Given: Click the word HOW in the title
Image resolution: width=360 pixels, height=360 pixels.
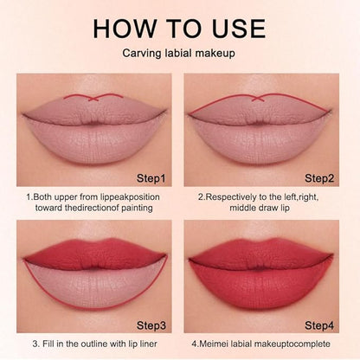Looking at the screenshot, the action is tap(125, 29).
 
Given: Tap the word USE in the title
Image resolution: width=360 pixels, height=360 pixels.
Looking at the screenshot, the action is tap(239, 29).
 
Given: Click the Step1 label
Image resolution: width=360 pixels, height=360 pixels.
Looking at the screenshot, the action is tap(151, 178).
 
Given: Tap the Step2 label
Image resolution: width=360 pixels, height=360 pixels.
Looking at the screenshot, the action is tap(319, 178).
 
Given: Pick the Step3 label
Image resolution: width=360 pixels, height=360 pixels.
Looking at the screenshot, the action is tap(151, 325).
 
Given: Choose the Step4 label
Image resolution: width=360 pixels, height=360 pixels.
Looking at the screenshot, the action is tap(319, 325).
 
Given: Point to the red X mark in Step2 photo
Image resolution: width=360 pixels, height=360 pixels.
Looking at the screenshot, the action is tap(258, 99).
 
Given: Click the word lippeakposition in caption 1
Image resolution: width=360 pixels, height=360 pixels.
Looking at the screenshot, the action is tap(130, 197).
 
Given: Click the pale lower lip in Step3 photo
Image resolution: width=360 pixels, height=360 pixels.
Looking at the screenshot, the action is tap(95, 286).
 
